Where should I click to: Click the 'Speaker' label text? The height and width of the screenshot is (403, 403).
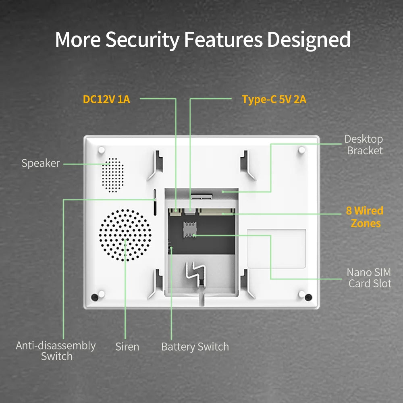point(40,163)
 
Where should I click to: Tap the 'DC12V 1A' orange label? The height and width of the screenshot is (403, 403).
point(106,99)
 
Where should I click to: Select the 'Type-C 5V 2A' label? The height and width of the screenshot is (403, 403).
point(274,99)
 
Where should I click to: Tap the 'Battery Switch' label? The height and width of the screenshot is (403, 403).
point(195,347)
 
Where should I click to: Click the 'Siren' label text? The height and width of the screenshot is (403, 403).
point(127,347)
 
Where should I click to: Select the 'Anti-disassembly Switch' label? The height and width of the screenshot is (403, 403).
point(56,351)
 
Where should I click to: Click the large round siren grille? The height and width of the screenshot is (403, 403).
point(126,235)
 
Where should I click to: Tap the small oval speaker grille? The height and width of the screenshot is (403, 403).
point(112,174)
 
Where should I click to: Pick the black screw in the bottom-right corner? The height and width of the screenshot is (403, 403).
point(308,297)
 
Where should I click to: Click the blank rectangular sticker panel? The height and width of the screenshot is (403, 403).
point(276,248)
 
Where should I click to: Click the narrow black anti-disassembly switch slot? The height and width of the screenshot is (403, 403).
point(155,201)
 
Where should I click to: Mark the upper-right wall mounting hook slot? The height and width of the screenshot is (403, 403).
point(247,165)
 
